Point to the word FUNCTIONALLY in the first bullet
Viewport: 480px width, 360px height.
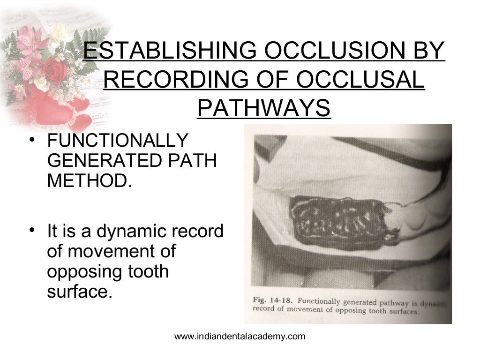click(117, 140)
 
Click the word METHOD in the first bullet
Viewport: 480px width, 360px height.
click(86, 180)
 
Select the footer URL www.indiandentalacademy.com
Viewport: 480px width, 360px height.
click(240, 336)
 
